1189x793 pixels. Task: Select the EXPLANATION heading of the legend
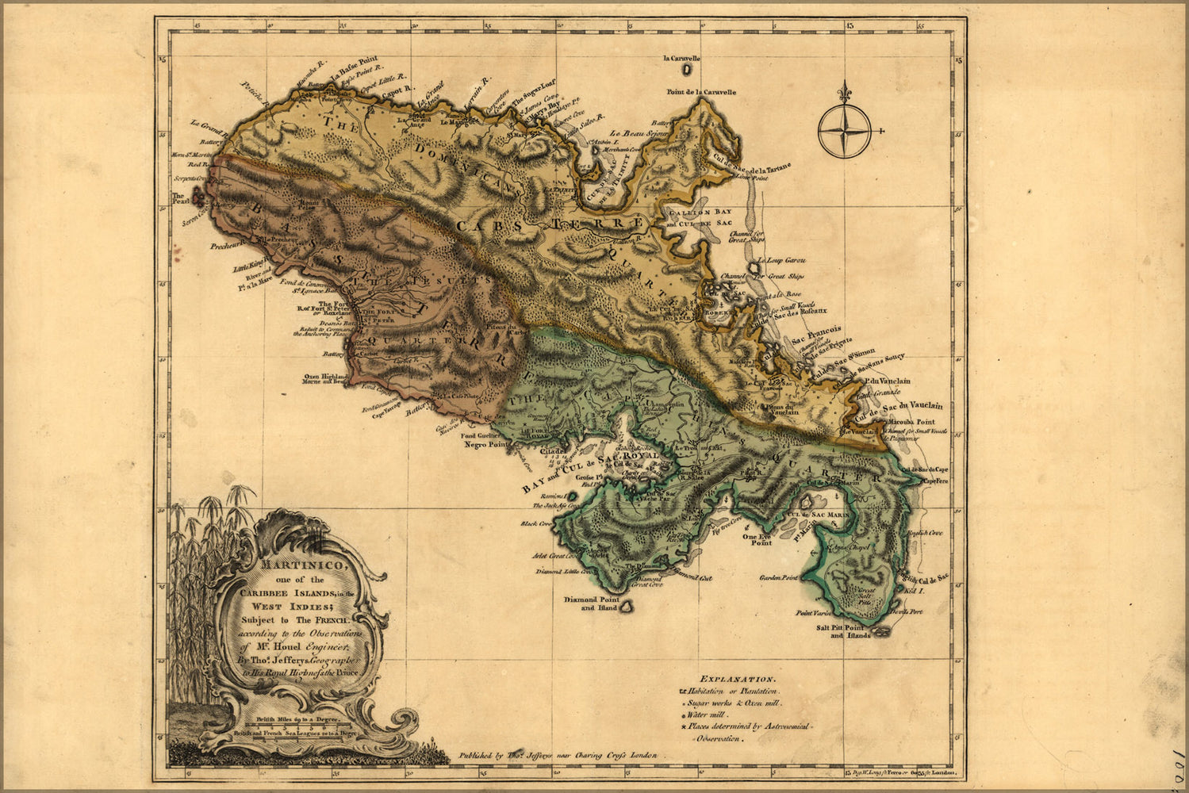(x=737, y=679)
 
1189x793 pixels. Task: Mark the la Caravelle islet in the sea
(x=682, y=70)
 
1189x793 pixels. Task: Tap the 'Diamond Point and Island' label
(x=590, y=604)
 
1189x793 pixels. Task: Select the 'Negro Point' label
(x=485, y=445)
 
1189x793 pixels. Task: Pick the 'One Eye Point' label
(x=757, y=539)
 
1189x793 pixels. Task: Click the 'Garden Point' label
(x=778, y=578)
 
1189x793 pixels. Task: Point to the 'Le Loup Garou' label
(x=781, y=260)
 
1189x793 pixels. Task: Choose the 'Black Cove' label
(x=535, y=523)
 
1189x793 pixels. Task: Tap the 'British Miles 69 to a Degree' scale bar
(x=297, y=721)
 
